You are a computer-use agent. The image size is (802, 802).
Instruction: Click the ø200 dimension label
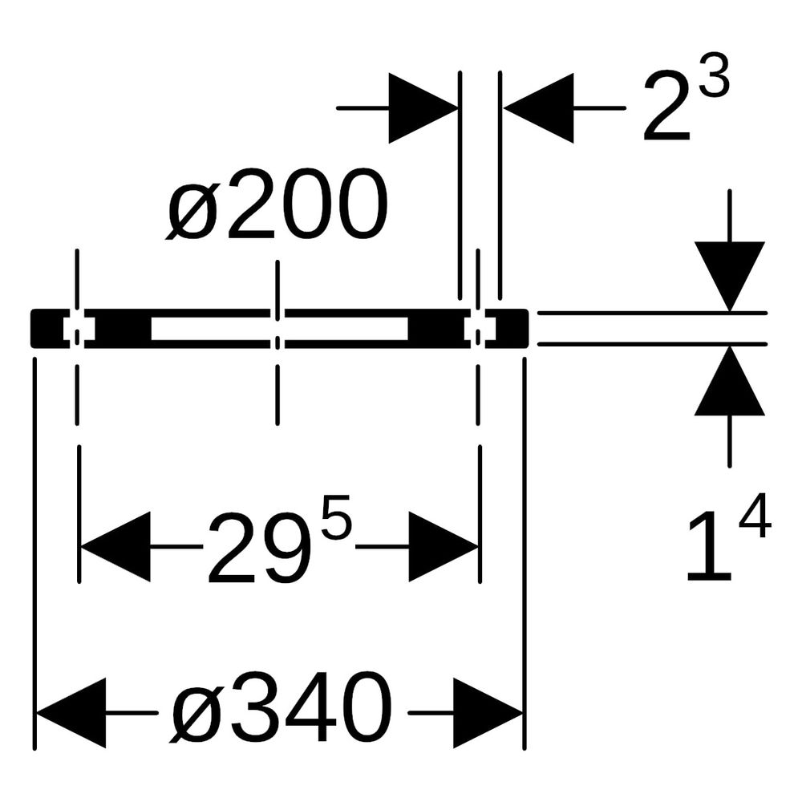click(276, 205)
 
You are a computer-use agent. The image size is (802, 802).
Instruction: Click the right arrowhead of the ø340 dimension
click(488, 712)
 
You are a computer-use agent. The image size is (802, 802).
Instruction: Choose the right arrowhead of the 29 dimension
click(444, 547)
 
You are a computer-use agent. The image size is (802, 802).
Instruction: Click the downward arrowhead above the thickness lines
click(730, 276)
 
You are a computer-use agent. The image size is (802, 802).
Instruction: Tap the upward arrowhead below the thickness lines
click(730, 381)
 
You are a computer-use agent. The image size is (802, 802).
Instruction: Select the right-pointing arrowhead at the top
click(423, 108)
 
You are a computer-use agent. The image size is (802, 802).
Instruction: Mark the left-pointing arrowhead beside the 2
click(539, 108)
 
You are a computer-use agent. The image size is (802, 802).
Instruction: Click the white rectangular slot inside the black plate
click(280, 328)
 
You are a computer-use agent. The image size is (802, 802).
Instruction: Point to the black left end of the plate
click(50, 329)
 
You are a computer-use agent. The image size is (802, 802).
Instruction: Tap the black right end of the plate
click(507, 329)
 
